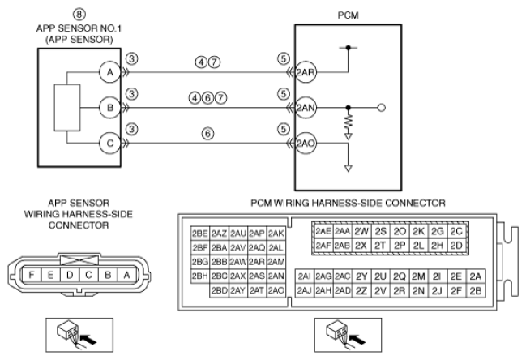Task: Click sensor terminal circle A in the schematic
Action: pyautogui.click(x=109, y=72)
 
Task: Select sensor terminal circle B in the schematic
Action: pyautogui.click(x=109, y=108)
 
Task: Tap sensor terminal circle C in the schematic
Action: pyautogui.click(x=109, y=144)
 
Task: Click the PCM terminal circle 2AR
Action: pyautogui.click(x=306, y=72)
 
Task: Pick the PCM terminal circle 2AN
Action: pyautogui.click(x=306, y=108)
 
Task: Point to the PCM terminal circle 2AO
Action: pyautogui.click(x=306, y=144)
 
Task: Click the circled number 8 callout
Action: pyautogui.click(x=79, y=14)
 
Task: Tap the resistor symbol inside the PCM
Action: pyautogui.click(x=349, y=122)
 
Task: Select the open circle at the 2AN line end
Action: pyautogui.click(x=382, y=108)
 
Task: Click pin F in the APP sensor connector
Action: pyautogui.click(x=32, y=275)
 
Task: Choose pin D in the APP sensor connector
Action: pyautogui.click(x=70, y=275)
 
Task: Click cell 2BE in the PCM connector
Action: pyautogui.click(x=200, y=234)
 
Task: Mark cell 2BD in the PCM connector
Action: pyautogui.click(x=220, y=290)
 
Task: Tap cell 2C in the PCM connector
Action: pyautogui.click(x=456, y=231)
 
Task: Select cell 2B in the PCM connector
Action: pyautogui.click(x=476, y=290)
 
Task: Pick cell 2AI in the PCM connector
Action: pyautogui.click(x=304, y=276)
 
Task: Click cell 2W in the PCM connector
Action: pyautogui.click(x=361, y=231)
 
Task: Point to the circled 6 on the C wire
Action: pyautogui.click(x=207, y=134)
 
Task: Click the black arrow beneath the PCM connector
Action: pyautogui.click(x=357, y=339)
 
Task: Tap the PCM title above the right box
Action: pyautogui.click(x=349, y=15)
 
